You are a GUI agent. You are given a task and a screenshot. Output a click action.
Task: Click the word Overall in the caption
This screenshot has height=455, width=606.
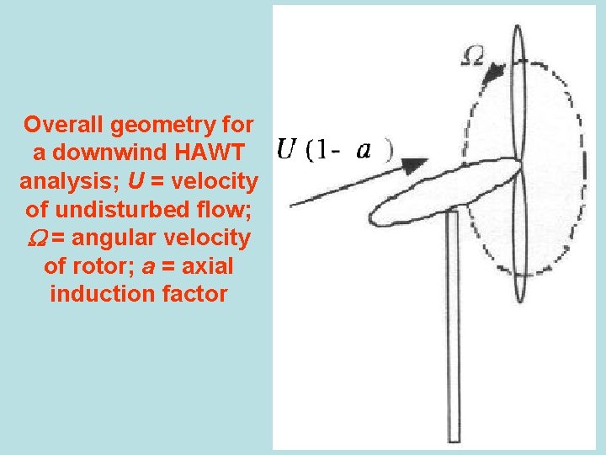coord(60,126)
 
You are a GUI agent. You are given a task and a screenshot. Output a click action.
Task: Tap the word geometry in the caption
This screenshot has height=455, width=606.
coord(157,126)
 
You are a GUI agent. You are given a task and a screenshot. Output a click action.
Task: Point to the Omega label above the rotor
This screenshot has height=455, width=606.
coord(474,56)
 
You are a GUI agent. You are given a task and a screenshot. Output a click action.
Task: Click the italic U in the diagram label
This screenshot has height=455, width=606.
coord(286,151)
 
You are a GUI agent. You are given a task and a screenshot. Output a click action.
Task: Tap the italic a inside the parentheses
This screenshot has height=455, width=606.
coord(364,151)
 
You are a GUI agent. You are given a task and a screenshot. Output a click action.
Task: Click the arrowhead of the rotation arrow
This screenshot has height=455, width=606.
coord(496,72)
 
